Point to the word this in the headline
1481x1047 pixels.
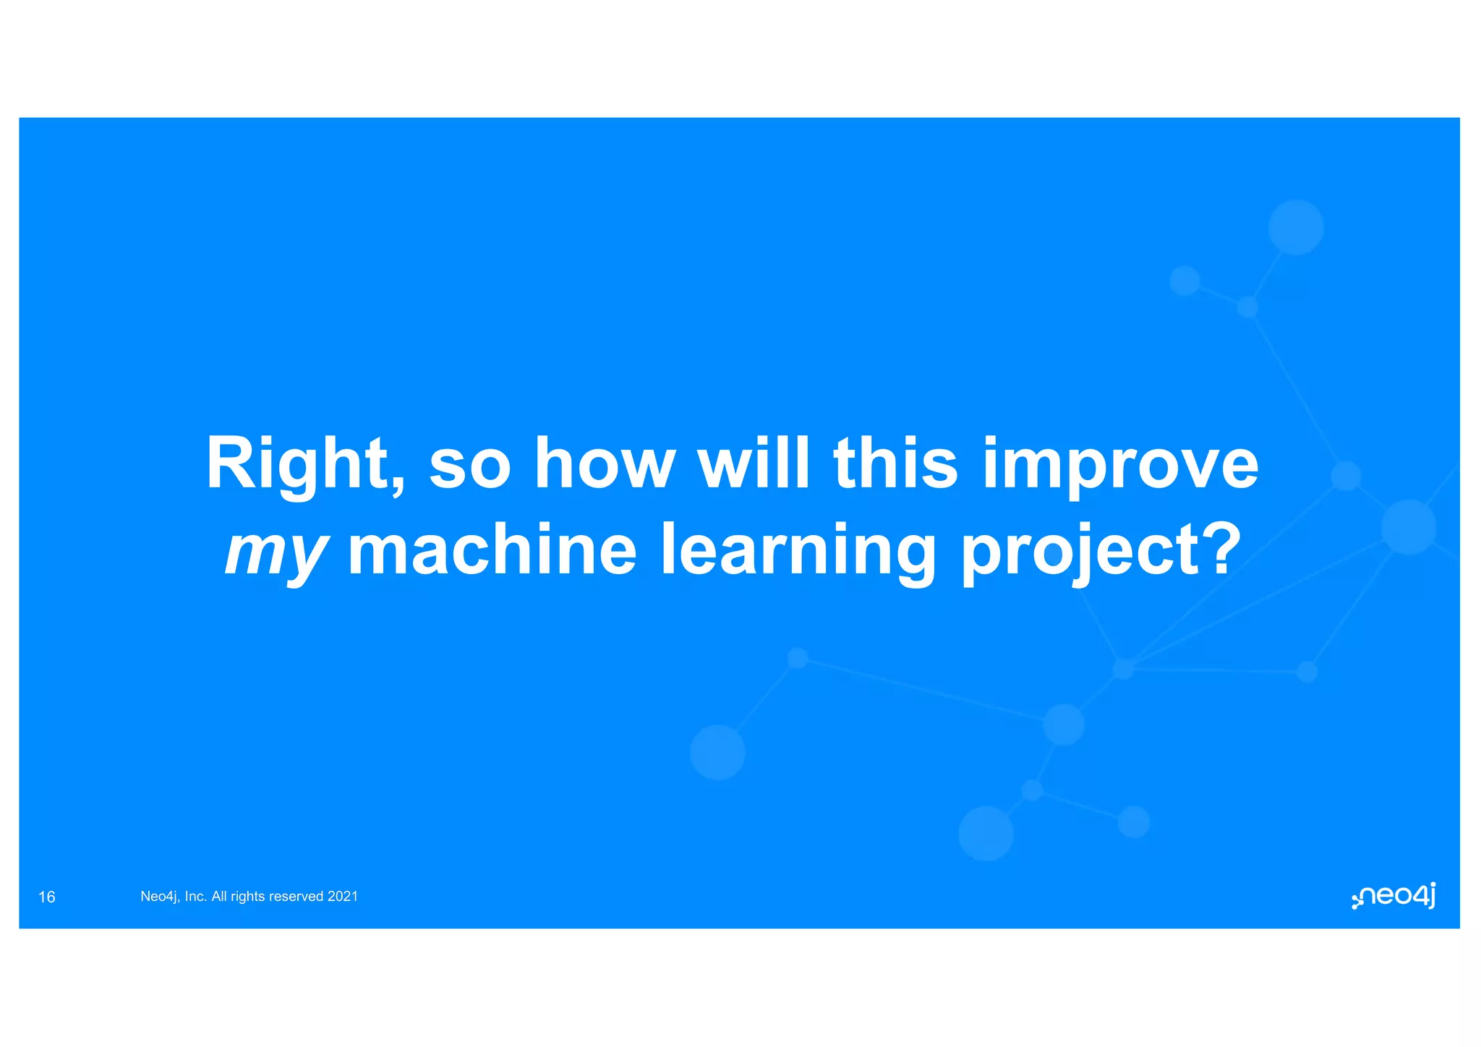click(x=896, y=463)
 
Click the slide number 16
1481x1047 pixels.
click(x=47, y=897)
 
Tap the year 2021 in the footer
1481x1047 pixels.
click(x=343, y=897)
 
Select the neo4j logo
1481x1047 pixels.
click(x=1393, y=897)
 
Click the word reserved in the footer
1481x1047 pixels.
click(x=296, y=897)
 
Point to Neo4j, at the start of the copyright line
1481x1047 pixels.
click(x=161, y=897)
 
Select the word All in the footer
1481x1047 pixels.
click(x=219, y=897)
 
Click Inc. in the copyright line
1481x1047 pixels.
click(x=196, y=897)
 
